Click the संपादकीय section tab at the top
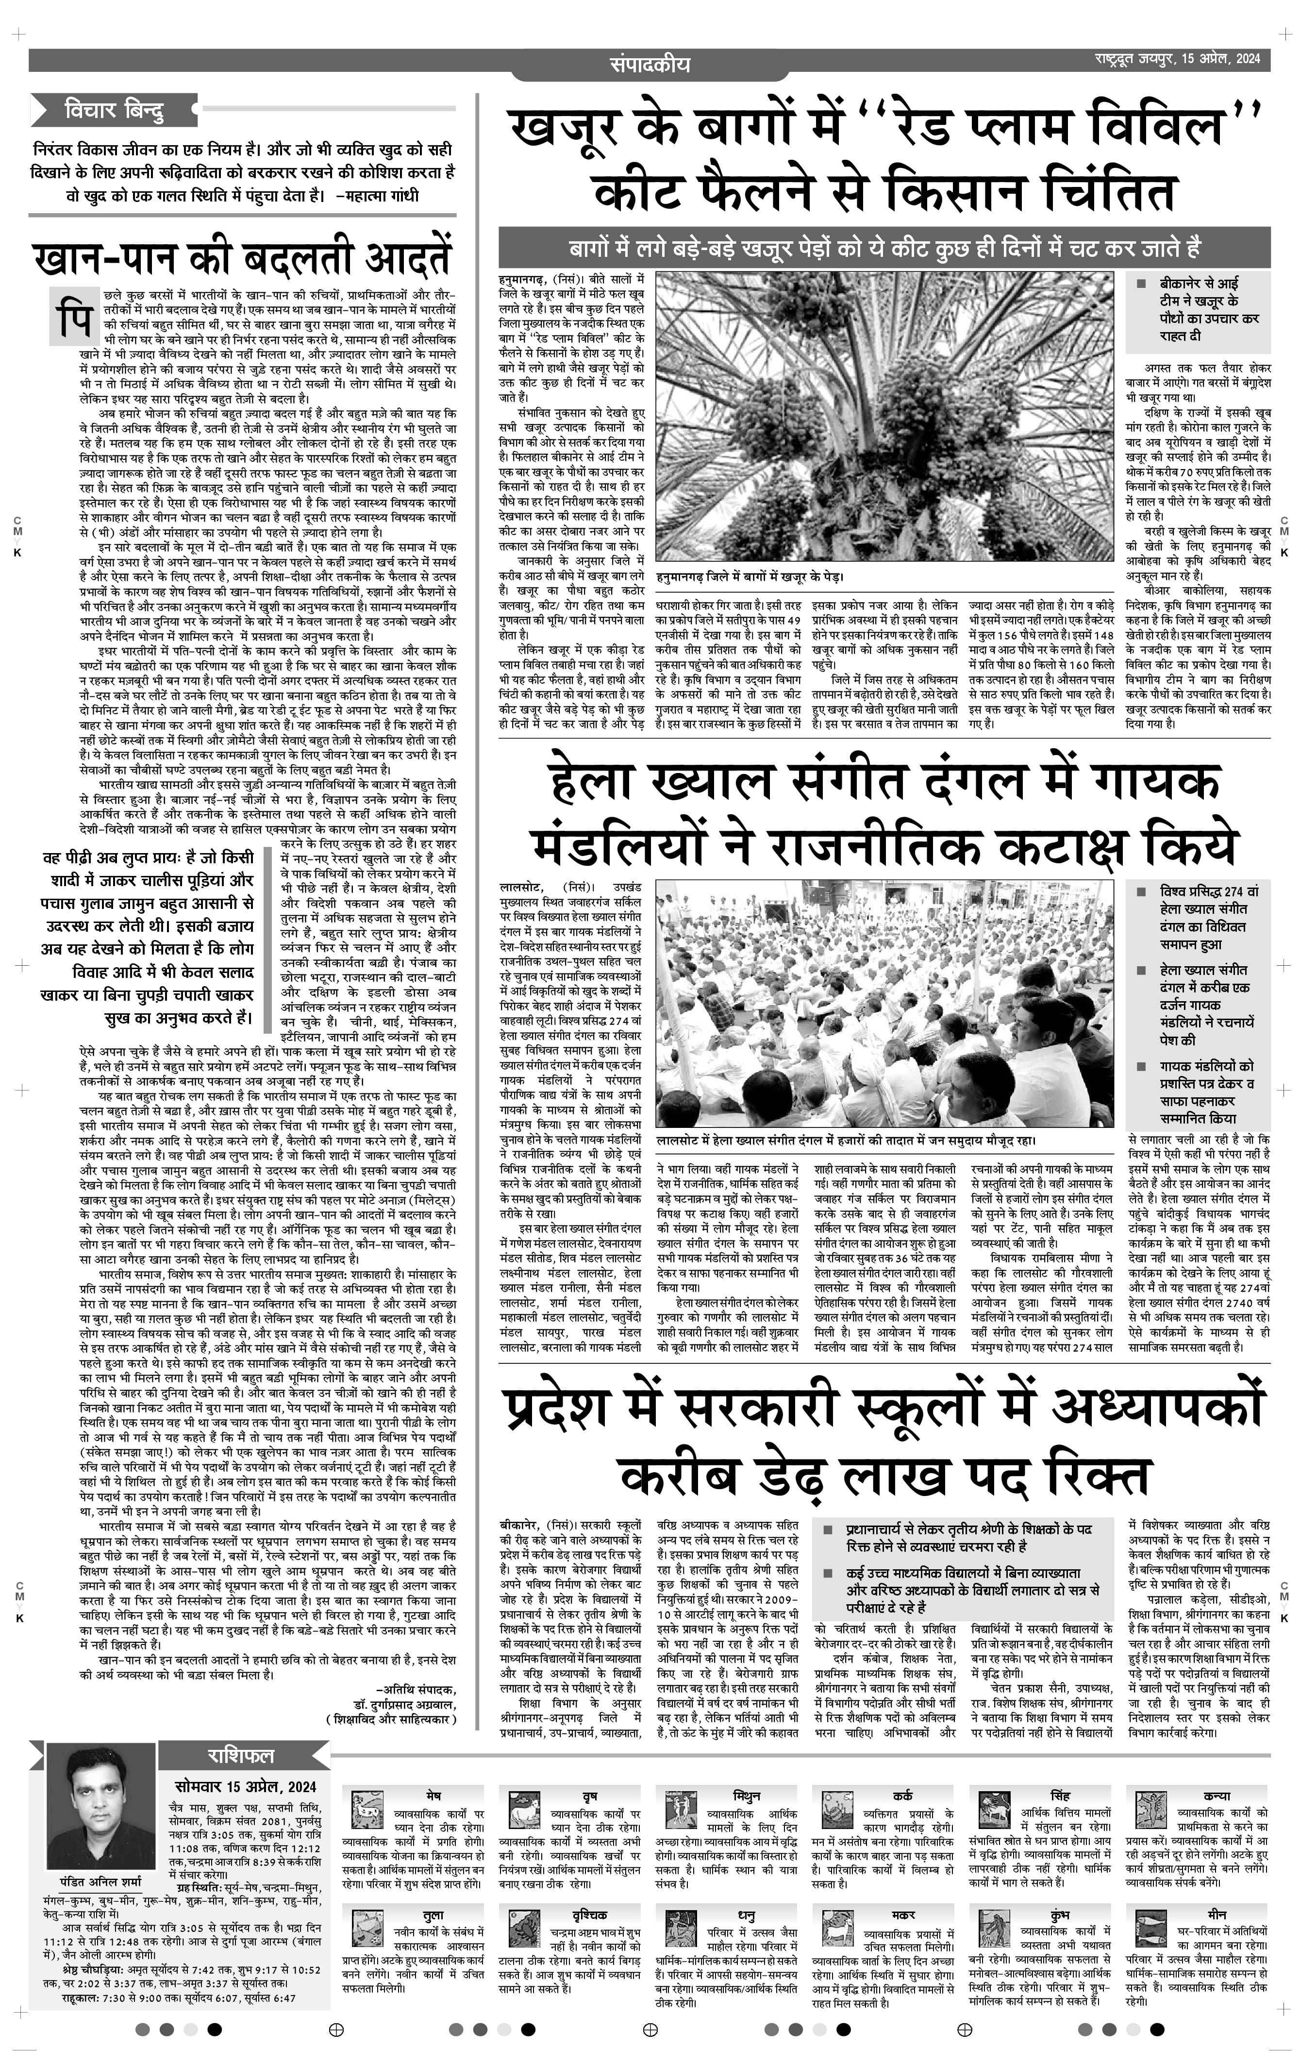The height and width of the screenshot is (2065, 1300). (650, 64)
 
